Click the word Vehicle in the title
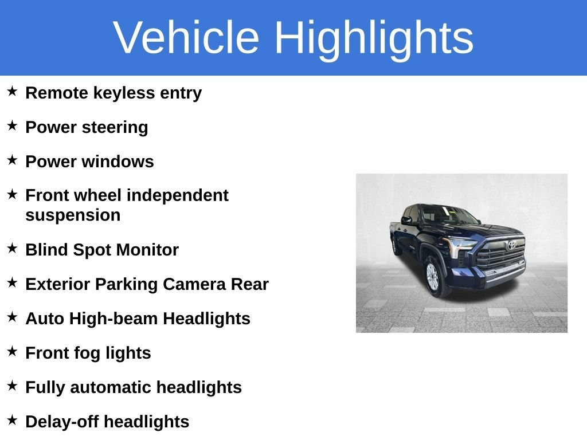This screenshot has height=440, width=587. coord(186,37)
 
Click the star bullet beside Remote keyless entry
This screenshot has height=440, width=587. coord(12,91)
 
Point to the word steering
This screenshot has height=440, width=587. coord(115,128)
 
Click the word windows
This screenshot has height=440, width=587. coord(118,162)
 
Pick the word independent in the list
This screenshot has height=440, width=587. coord(178,196)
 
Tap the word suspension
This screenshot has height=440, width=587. coord(73,216)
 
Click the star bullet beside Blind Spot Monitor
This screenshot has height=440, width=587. coord(12,248)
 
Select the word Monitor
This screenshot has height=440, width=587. coord(148,250)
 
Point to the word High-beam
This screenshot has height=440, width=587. coord(114,319)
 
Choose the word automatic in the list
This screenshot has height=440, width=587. coord(111,388)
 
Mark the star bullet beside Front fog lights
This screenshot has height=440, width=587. coord(12,351)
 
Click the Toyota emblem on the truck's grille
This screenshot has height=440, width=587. coord(511,245)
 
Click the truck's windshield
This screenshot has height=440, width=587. coord(445,215)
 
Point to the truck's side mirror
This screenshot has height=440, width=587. coord(406,221)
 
